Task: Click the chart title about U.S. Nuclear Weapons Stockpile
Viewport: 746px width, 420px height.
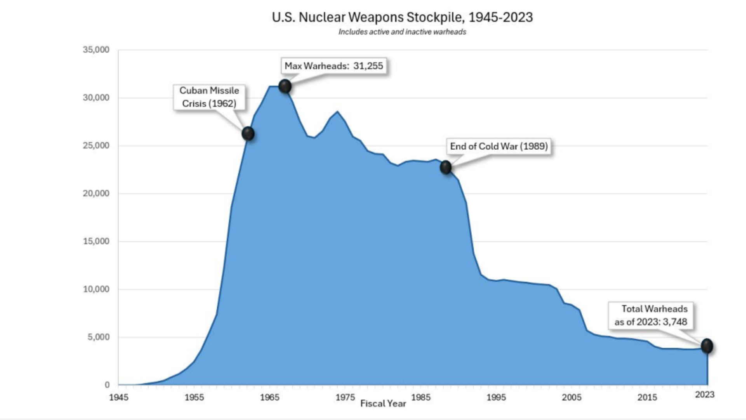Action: [x=402, y=17]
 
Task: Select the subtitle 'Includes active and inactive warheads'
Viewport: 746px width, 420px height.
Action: [x=402, y=32]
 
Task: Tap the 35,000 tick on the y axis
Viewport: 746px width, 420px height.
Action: [x=96, y=50]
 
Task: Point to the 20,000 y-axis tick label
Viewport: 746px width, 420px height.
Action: [x=96, y=193]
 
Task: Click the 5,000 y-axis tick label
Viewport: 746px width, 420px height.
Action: [x=98, y=337]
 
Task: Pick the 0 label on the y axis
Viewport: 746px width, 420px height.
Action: [x=107, y=385]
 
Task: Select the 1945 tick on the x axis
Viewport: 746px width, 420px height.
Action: [x=119, y=397]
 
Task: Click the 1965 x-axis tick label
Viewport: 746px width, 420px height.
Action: [x=270, y=397]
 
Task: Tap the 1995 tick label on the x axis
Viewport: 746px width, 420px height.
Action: [x=496, y=397]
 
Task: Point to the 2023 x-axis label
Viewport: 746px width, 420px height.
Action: [x=704, y=395]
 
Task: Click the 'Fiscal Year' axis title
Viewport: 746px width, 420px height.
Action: [x=383, y=404]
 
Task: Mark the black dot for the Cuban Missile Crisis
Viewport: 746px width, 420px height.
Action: [x=248, y=134]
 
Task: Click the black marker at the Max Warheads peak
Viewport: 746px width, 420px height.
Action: [x=285, y=86]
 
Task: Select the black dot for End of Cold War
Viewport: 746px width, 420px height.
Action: [x=446, y=168]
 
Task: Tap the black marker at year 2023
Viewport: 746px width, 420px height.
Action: [x=707, y=346]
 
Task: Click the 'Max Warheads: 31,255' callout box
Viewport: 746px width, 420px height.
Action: [x=334, y=66]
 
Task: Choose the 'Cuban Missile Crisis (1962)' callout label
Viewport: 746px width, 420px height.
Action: [x=209, y=97]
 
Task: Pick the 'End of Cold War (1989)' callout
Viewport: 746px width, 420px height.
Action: [x=499, y=147]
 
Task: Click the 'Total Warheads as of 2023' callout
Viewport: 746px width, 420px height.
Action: [x=651, y=315]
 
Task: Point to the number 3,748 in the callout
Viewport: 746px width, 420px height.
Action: [x=675, y=322]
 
